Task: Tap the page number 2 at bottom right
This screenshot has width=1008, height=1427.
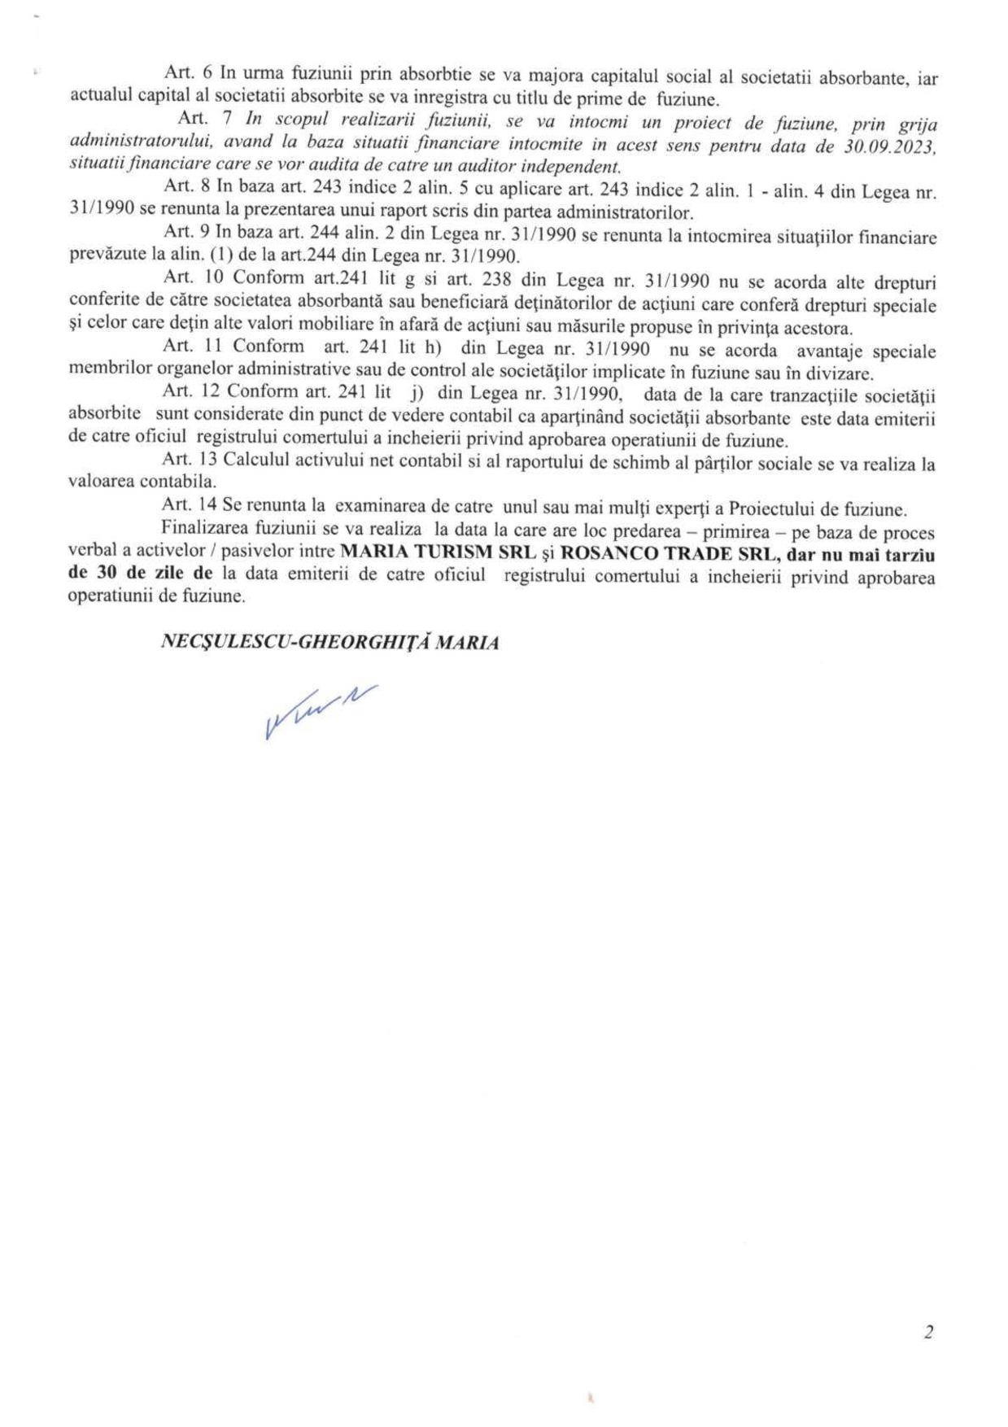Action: click(x=929, y=1332)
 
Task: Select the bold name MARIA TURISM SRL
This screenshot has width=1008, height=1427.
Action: click(x=438, y=552)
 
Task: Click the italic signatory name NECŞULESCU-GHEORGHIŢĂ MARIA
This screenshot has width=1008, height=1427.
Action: click(x=329, y=642)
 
